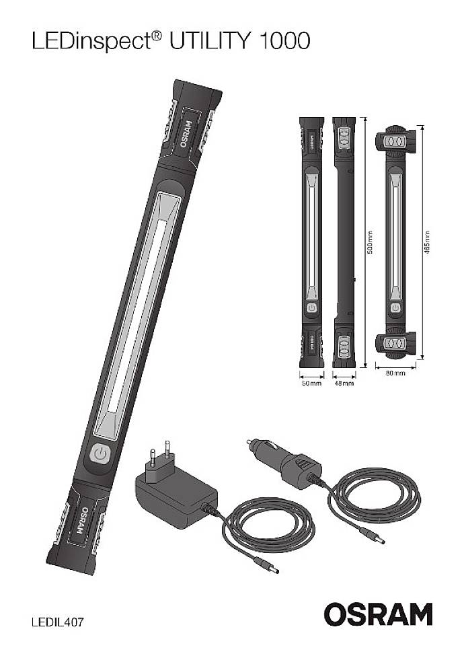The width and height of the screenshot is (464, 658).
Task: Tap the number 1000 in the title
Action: point(283,42)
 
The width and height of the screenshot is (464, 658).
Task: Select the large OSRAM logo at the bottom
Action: point(378,614)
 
